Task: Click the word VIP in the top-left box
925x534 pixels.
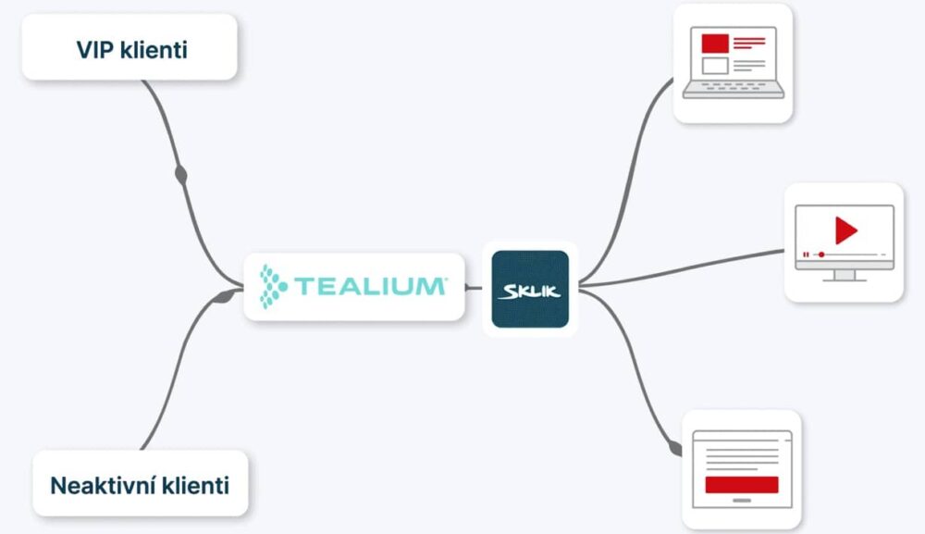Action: pyautogui.click(x=95, y=50)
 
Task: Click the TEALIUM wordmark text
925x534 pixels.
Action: pyautogui.click(x=371, y=287)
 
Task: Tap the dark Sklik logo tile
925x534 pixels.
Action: pyautogui.click(x=530, y=289)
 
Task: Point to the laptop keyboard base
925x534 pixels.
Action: pyautogui.click(x=734, y=89)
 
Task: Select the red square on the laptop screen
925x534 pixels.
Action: pyautogui.click(x=715, y=43)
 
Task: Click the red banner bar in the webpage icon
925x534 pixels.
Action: pyautogui.click(x=742, y=484)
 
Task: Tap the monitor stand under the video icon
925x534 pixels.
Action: pyautogui.click(x=845, y=276)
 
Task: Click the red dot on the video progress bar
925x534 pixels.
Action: pyautogui.click(x=821, y=255)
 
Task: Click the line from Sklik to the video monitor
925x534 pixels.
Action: pyautogui.click(x=682, y=269)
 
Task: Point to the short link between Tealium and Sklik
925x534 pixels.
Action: pyautogui.click(x=474, y=288)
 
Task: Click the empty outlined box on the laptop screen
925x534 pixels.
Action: pyautogui.click(x=715, y=65)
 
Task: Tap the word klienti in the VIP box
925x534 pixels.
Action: pyautogui.click(x=154, y=50)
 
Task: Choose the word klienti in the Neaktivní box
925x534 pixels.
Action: pyautogui.click(x=195, y=486)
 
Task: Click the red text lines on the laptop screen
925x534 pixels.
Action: pyautogui.click(x=749, y=43)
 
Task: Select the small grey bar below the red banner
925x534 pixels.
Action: pyautogui.click(x=742, y=501)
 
